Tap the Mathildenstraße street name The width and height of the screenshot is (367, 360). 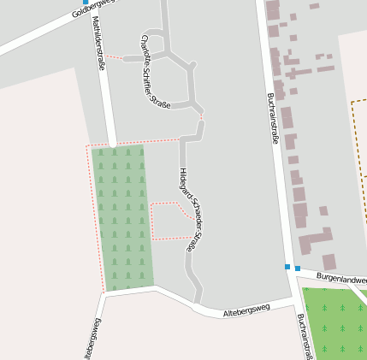point(98,42)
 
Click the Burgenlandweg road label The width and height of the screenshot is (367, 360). point(340,279)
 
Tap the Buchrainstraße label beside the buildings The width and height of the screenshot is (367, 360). point(272,118)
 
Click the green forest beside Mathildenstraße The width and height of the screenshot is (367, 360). point(123,218)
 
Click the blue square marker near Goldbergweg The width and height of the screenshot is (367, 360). point(85,3)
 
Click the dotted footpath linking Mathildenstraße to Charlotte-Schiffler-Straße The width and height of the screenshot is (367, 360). point(114,57)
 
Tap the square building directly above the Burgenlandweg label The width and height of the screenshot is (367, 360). point(329,262)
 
